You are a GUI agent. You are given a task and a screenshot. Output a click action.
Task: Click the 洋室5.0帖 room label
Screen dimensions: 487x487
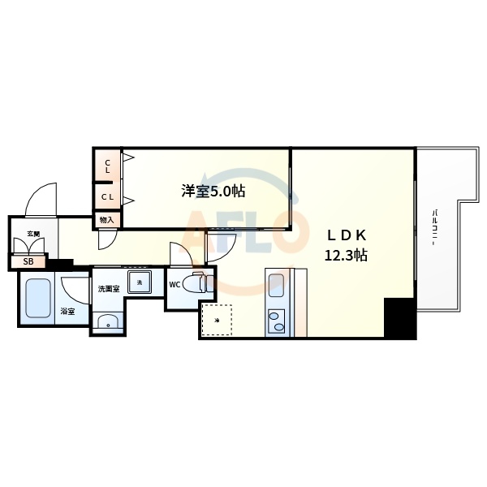[x=213, y=192]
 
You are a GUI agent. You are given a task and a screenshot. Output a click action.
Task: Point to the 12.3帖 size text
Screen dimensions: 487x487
[x=347, y=255]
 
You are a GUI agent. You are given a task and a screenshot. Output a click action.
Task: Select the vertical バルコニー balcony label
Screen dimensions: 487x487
[x=435, y=229]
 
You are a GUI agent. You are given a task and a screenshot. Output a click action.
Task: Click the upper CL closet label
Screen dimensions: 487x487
[x=107, y=166]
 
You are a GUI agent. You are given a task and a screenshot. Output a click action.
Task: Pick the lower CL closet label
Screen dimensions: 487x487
[x=107, y=197]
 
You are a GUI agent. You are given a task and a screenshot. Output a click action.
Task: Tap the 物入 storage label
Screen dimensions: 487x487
[x=107, y=219]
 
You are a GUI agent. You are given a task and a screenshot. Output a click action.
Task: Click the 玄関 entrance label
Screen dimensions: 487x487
[x=33, y=234]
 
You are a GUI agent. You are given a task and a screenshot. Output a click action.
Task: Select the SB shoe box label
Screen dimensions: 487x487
[x=28, y=262]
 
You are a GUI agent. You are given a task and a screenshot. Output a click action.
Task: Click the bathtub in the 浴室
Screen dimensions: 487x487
[x=37, y=300]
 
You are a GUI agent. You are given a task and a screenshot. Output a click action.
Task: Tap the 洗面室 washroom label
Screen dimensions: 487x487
[x=108, y=288]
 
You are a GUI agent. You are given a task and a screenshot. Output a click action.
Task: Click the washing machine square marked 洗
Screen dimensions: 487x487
[x=140, y=282]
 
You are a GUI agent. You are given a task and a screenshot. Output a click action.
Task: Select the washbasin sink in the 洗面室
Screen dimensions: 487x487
[x=107, y=323]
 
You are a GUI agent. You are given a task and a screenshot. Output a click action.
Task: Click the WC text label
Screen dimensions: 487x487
[x=175, y=285]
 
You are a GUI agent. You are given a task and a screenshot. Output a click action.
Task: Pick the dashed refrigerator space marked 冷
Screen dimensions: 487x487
[x=216, y=321]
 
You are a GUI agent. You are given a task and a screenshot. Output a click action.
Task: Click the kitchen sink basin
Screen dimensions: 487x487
[x=276, y=286]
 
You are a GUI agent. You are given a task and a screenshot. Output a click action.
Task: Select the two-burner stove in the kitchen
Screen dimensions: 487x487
[x=276, y=321]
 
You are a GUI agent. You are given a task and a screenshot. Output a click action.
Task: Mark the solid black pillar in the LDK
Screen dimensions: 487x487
[x=399, y=318]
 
